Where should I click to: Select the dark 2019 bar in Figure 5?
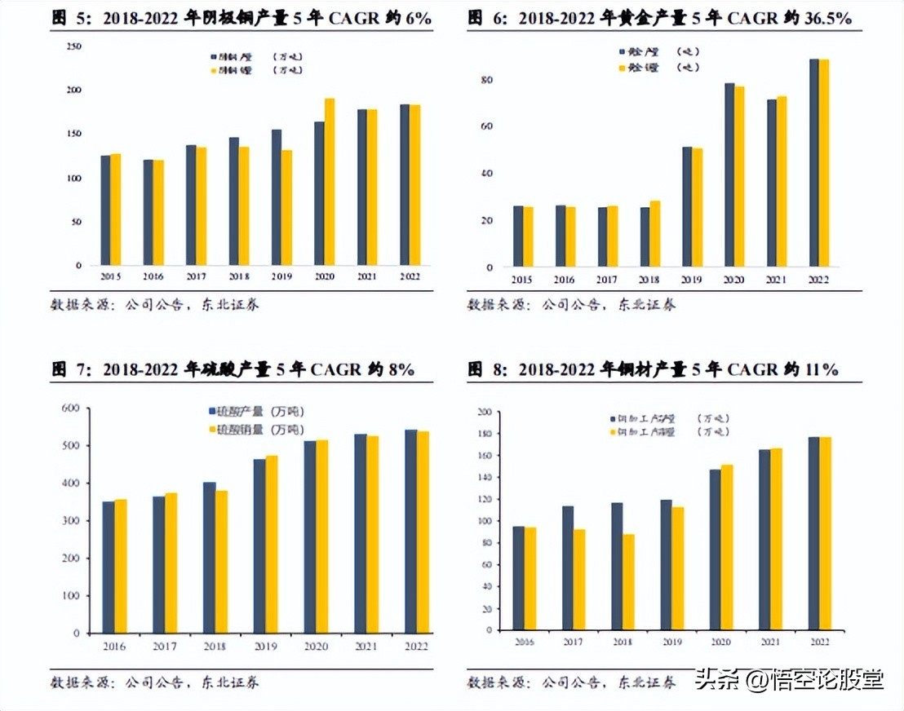(277, 197)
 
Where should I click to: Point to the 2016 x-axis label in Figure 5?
(153, 277)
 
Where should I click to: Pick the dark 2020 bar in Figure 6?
(729, 174)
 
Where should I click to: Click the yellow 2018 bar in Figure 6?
(654, 233)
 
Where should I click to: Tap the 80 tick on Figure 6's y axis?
(488, 80)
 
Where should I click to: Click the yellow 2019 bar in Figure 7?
(271, 544)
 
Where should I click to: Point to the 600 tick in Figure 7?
(71, 408)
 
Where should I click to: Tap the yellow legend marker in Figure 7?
(213, 429)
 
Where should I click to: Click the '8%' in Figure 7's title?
(401, 369)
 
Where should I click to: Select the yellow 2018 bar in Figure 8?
(628, 583)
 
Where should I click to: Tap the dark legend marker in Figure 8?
(613, 418)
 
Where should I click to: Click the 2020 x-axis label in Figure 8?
(720, 643)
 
